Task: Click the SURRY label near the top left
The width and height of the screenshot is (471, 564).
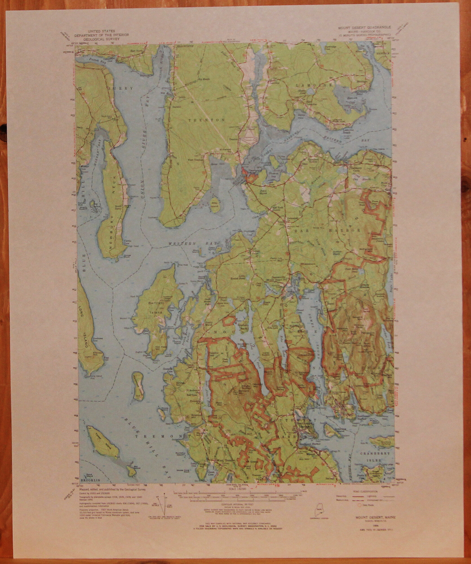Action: click(x=123, y=88)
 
